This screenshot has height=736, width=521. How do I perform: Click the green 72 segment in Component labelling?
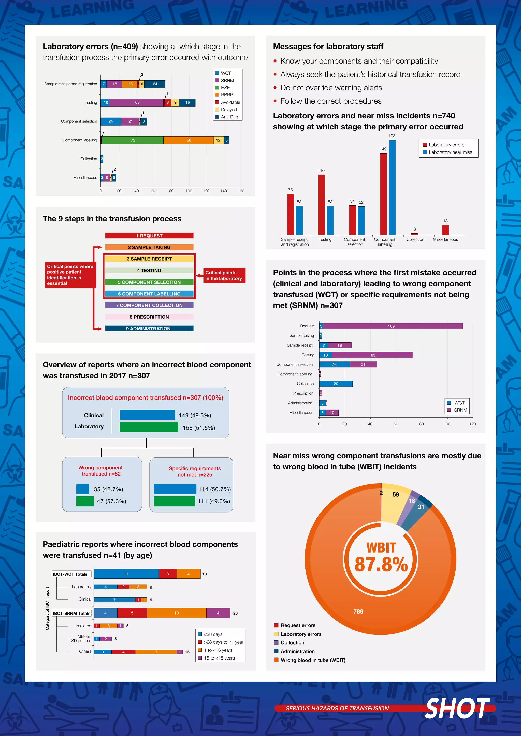133,140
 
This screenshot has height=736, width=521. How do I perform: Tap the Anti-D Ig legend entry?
229,117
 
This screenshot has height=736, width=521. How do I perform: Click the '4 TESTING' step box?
149,271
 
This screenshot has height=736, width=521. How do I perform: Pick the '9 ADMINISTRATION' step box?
149,329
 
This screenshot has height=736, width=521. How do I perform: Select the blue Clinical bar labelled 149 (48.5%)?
147,415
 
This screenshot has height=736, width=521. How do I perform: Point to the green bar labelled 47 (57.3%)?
85,501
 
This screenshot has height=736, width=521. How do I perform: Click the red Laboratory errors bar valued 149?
383,194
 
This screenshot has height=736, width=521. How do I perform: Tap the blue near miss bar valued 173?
392,188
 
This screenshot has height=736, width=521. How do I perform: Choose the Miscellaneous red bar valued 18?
445,230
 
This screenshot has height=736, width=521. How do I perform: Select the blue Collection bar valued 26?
336,384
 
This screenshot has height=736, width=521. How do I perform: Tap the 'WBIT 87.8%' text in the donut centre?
381,558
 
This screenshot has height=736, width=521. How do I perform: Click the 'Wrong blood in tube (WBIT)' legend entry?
313,660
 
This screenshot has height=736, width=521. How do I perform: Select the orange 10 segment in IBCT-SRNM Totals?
177,613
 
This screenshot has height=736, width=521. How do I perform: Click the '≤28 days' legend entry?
213,634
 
